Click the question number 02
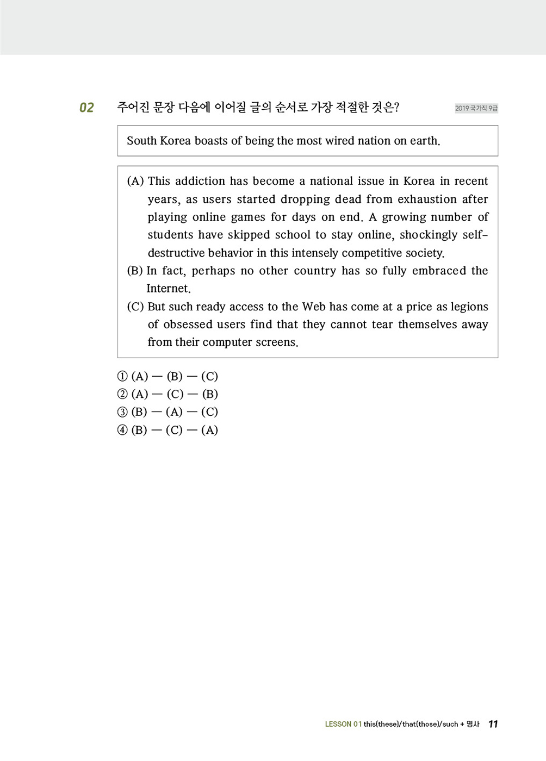click(86, 108)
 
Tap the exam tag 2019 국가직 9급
click(476, 108)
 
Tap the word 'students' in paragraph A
click(170, 235)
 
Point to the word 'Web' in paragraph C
click(314, 307)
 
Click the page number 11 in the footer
click(493, 724)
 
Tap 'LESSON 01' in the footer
click(343, 724)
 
